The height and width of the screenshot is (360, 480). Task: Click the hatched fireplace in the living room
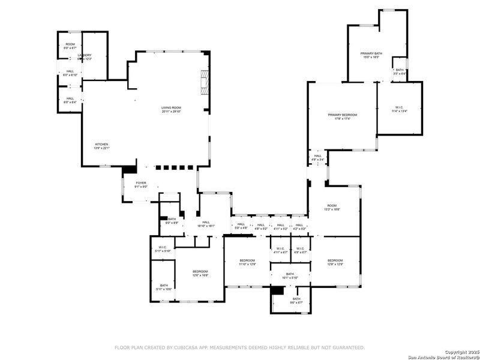[x=205, y=82]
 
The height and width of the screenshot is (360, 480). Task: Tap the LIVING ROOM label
[x=170, y=109]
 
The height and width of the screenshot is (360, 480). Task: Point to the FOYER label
[x=140, y=184]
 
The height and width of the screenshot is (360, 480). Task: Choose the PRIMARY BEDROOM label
[x=342, y=115]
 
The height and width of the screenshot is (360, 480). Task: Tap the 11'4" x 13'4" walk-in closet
[x=399, y=109]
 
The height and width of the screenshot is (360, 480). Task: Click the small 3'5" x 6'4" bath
[x=400, y=71]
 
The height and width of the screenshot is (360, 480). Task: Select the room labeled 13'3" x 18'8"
[x=332, y=207]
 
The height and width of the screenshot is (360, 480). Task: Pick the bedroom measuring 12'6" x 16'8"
[x=200, y=273]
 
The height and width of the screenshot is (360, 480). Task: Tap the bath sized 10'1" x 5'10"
[x=290, y=275]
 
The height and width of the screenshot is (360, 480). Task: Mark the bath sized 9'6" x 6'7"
[x=296, y=301]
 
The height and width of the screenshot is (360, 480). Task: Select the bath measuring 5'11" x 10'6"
[x=164, y=287]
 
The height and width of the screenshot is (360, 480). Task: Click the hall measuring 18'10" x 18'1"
[x=206, y=224]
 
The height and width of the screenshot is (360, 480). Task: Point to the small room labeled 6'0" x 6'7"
[x=70, y=45]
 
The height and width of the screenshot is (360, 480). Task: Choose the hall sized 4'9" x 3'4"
[x=317, y=157]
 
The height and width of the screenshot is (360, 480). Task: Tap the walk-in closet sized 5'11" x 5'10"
[x=163, y=248]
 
